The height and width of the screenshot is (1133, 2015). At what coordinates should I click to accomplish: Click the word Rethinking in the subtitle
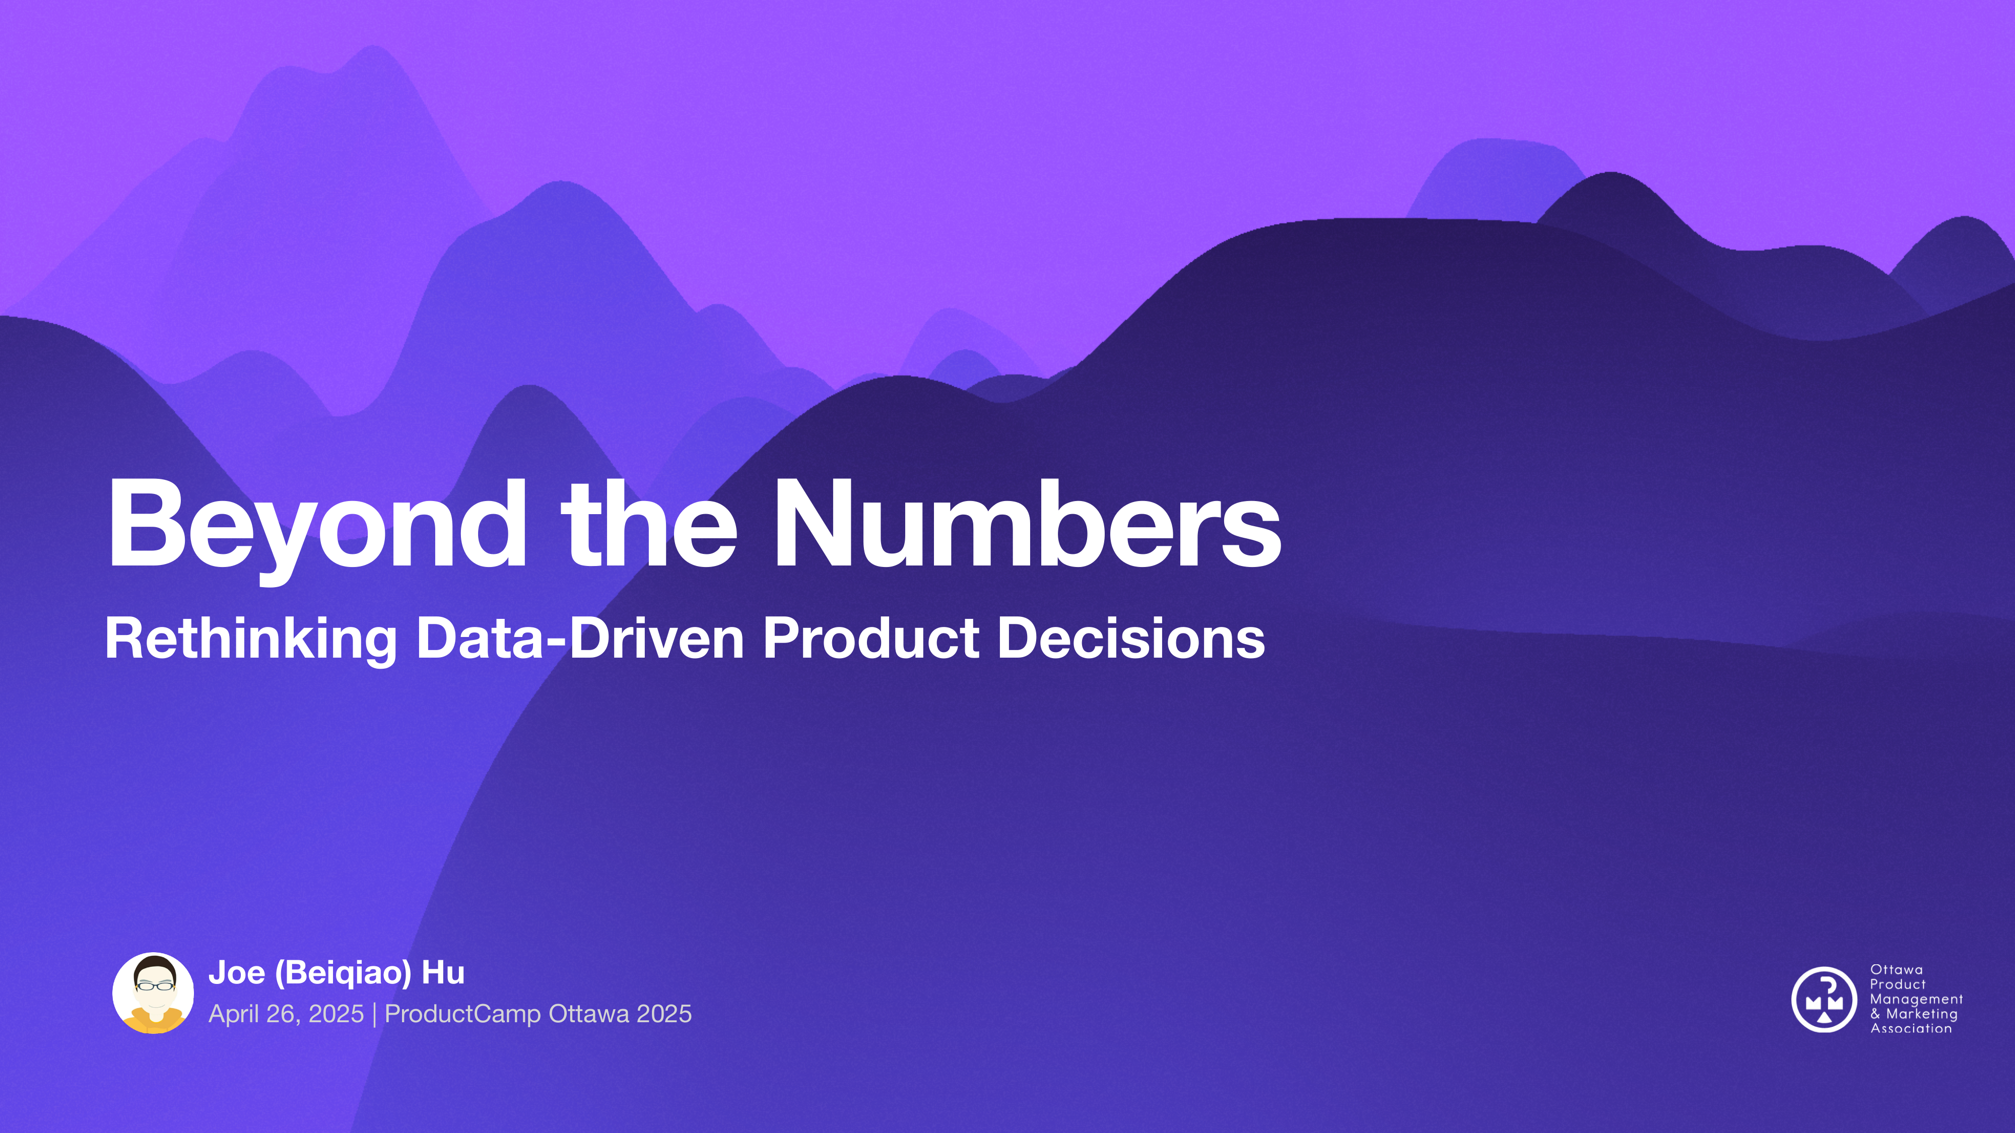[x=250, y=639]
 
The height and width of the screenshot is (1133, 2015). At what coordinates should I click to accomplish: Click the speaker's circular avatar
[x=153, y=993]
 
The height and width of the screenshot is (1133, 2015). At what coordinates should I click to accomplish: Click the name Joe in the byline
[x=236, y=973]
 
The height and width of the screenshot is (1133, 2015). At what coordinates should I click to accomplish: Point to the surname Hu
[x=443, y=973]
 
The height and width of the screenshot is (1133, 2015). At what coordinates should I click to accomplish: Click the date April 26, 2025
[x=286, y=1014]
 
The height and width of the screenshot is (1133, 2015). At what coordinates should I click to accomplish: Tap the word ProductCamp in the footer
[x=462, y=1014]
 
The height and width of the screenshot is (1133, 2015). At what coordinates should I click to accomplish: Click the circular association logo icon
[x=1824, y=999]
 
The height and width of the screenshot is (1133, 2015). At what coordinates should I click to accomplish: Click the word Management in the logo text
[x=1916, y=999]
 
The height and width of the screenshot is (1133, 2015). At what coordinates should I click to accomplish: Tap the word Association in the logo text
[x=1910, y=1029]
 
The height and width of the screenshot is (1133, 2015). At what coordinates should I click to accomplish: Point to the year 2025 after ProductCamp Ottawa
[x=663, y=1014]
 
